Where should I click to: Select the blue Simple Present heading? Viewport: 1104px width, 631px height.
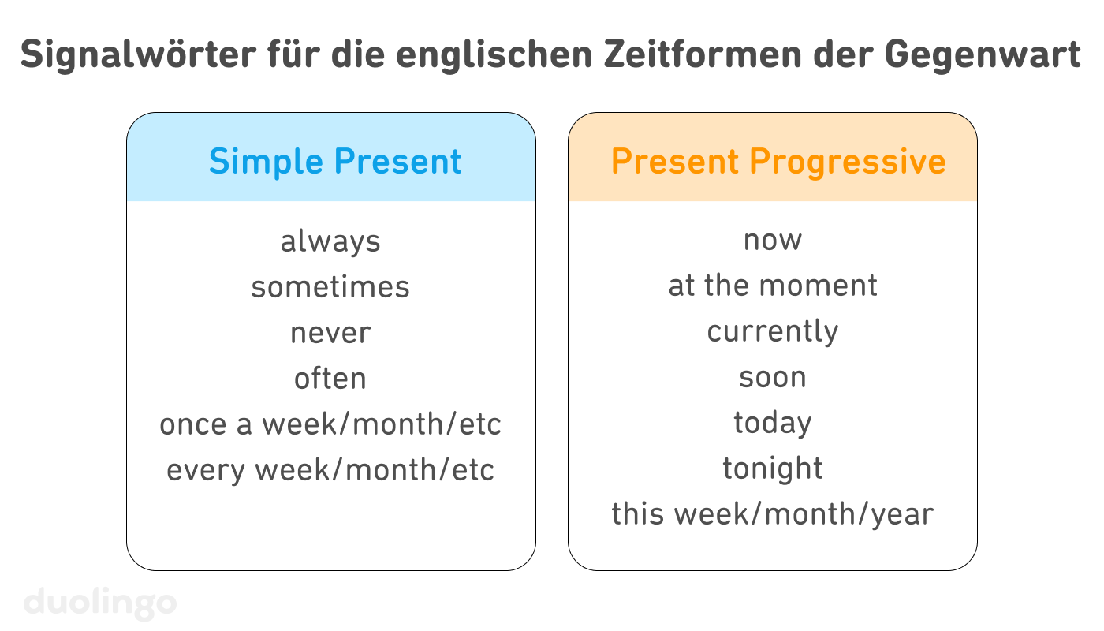pos(335,162)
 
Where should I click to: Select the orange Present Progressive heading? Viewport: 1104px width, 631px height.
pos(778,162)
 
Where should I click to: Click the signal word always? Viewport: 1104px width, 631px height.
pos(330,241)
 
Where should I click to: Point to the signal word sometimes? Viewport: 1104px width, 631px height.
pos(330,286)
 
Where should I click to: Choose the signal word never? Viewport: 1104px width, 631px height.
pos(330,332)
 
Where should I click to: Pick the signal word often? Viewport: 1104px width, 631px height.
pos(330,379)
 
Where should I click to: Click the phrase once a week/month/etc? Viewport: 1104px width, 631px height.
pos(330,424)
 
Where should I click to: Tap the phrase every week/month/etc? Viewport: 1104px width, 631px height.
pos(330,470)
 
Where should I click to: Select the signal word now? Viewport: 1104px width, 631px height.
pos(773,240)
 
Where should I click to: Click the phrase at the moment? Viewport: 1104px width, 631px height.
pos(773,286)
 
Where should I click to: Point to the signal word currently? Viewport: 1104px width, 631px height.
pos(773,331)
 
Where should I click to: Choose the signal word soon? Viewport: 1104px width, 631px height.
pos(773,377)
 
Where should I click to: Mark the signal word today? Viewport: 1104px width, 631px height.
pos(773,423)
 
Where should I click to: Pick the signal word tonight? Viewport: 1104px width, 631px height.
pos(773,469)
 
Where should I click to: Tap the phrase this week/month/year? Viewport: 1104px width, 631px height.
pos(773,514)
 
